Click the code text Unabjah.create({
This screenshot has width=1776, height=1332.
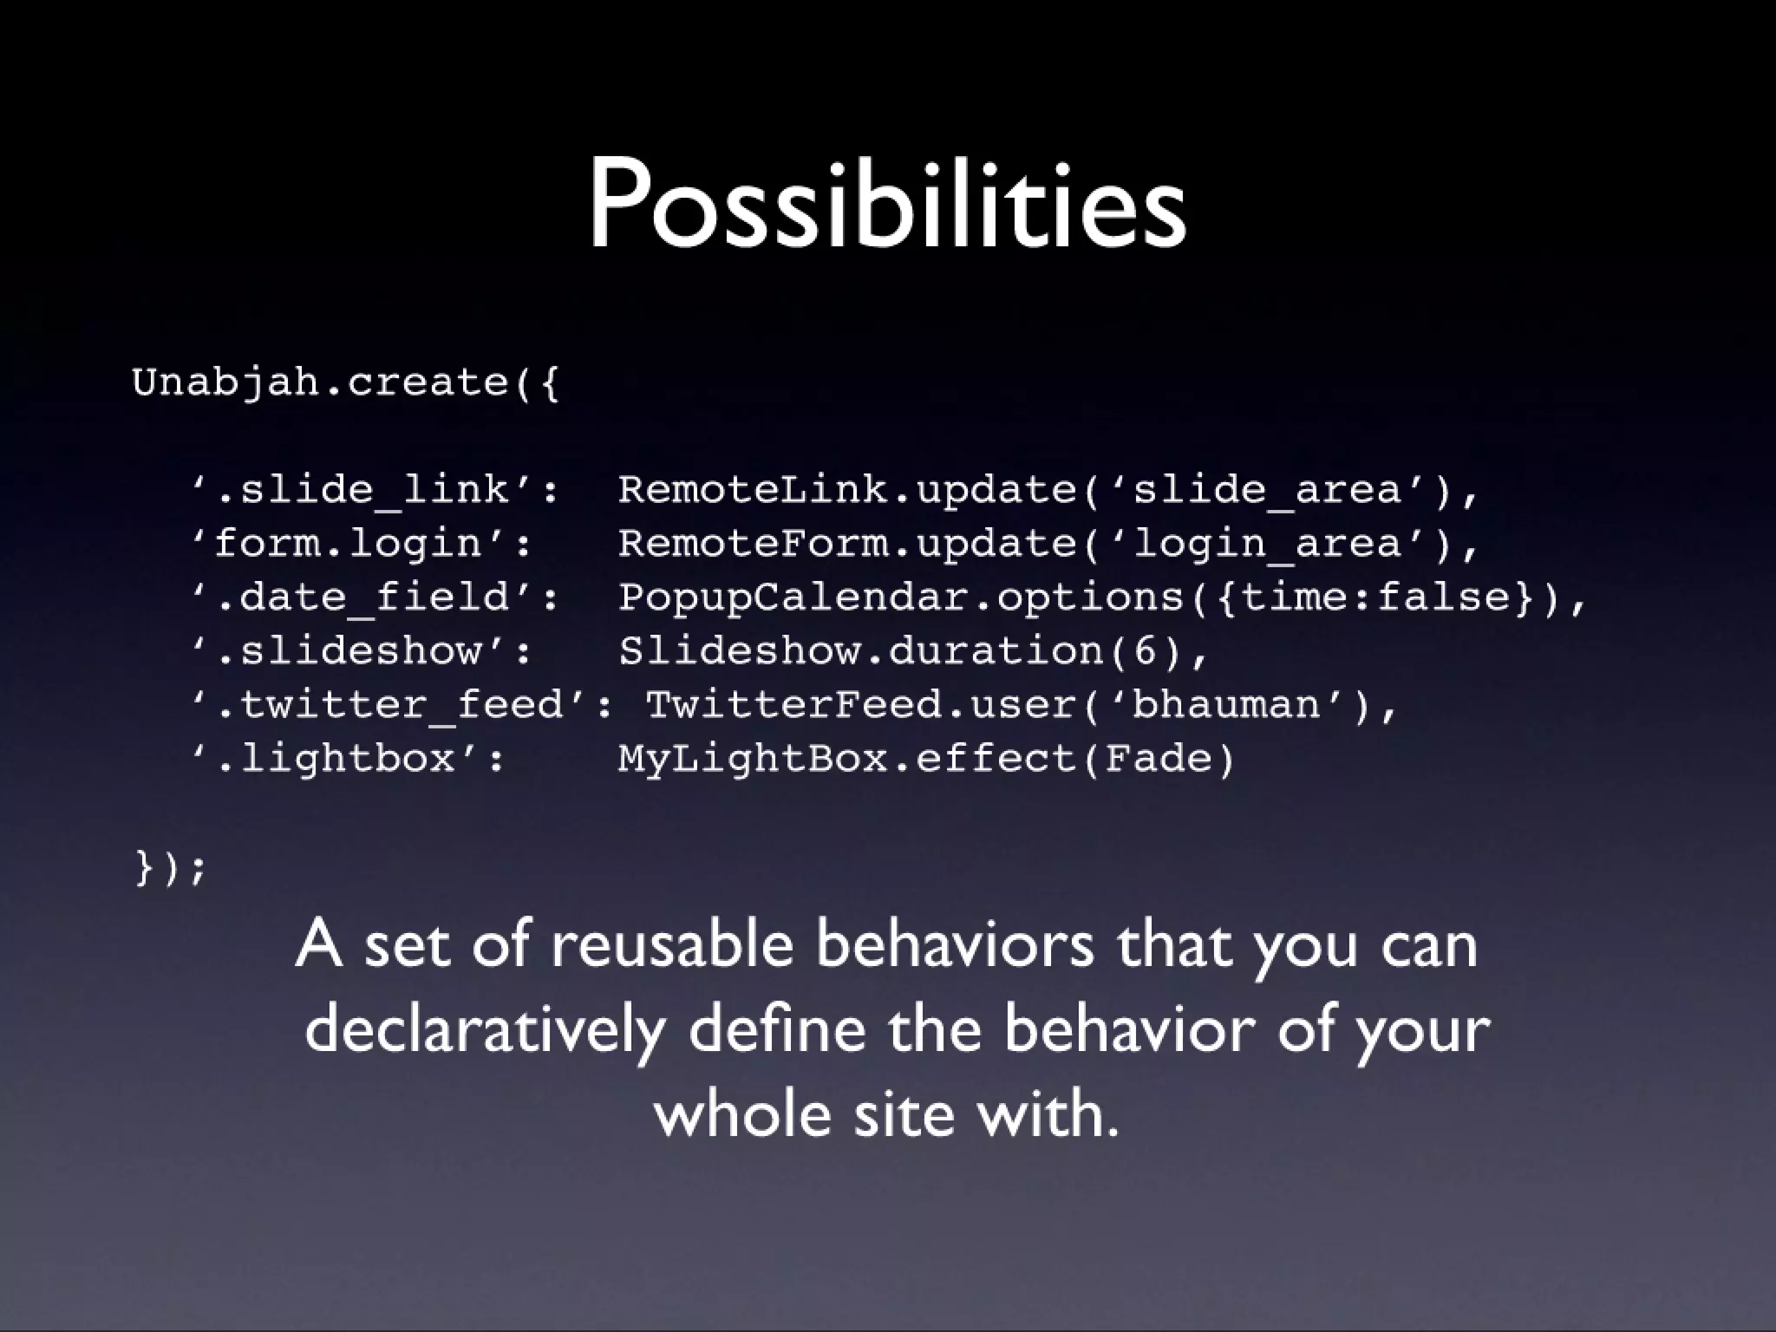[x=346, y=382]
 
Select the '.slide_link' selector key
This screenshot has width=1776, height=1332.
[x=375, y=490]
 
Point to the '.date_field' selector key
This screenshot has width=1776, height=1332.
[x=375, y=597]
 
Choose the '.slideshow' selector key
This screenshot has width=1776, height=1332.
[x=361, y=651]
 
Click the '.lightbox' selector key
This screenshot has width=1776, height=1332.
[x=348, y=759]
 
